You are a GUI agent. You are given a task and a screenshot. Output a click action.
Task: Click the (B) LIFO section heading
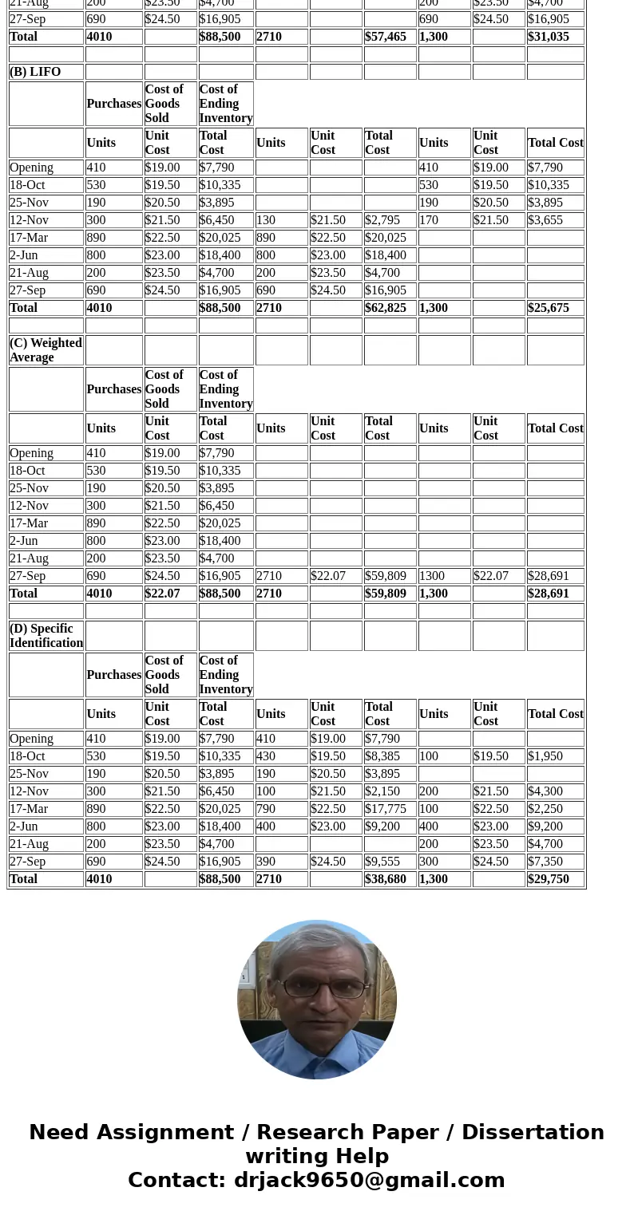35,72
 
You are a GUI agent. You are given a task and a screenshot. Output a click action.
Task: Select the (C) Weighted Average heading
46,350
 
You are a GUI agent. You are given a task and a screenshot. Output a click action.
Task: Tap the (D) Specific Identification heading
46,636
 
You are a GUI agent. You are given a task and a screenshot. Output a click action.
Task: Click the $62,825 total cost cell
386,308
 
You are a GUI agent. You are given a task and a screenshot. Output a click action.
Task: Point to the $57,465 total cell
386,37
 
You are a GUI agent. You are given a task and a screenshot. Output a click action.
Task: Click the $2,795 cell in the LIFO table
382,220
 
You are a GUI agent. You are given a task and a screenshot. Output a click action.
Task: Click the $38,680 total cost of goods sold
386,879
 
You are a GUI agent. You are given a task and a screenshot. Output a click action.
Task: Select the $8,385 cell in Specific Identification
382,756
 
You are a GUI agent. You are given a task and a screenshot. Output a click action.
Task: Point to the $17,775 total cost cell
386,809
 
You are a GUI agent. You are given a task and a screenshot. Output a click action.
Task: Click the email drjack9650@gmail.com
369,1181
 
